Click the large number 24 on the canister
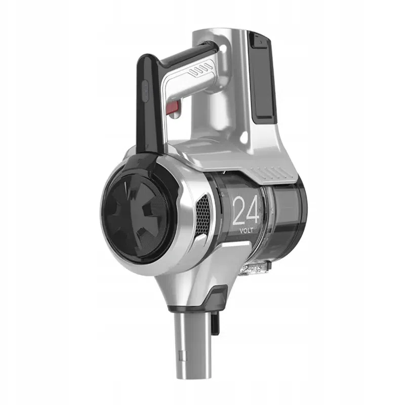[246, 210]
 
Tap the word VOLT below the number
[247, 231]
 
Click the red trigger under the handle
[174, 108]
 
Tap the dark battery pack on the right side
[262, 77]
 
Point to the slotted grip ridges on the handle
[199, 70]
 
